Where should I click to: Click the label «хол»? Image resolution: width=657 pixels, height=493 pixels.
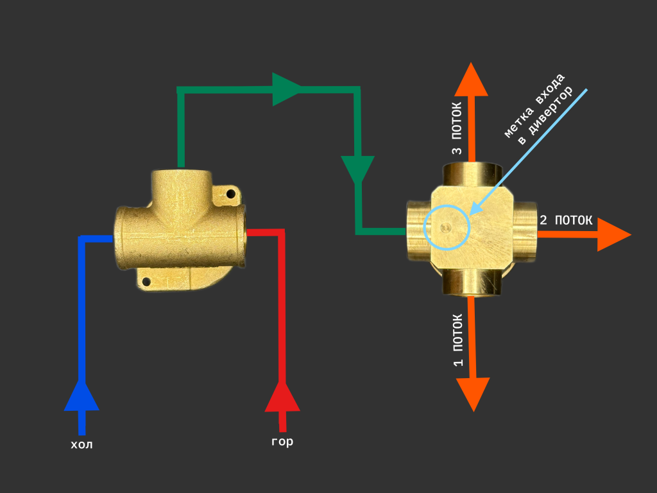[x=81, y=444]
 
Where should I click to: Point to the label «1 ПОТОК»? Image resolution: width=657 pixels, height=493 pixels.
[x=458, y=340]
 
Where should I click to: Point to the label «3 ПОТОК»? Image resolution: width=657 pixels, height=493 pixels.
[x=457, y=128]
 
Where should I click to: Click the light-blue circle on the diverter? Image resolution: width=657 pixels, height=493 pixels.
[x=447, y=227]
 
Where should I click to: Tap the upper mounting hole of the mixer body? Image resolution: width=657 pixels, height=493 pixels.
[x=228, y=192]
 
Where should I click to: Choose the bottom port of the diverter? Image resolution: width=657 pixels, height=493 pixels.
[x=472, y=282]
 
